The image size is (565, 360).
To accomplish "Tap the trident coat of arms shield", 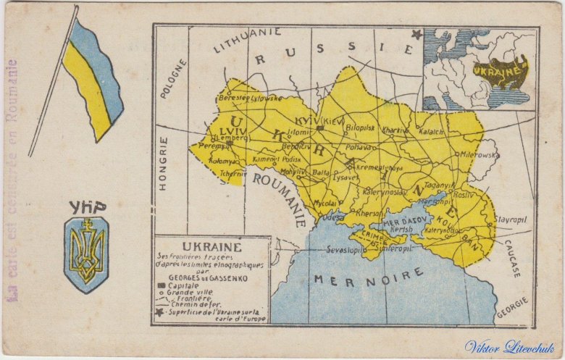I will click(86, 254).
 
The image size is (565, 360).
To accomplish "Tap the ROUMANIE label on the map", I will click(280, 197).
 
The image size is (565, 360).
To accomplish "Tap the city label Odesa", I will click(333, 217).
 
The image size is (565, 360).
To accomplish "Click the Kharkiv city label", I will click(395, 130).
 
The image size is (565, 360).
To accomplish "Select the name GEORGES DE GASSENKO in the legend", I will click(207, 277).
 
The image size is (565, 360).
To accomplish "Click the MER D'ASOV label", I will click(406, 221).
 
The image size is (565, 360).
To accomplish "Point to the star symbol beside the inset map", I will click(417, 34).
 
